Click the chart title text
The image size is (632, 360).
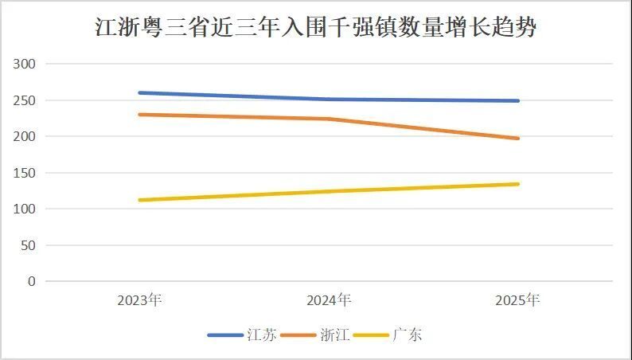click(x=316, y=29)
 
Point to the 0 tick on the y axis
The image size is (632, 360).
click(x=32, y=281)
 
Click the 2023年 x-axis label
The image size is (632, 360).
click(x=139, y=300)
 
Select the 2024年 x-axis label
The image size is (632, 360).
click(x=329, y=300)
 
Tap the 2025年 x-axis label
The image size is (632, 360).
click(x=517, y=300)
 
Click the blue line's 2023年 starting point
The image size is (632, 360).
click(x=140, y=92)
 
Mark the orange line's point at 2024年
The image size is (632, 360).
click(x=329, y=119)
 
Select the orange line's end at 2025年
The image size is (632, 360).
click(x=517, y=139)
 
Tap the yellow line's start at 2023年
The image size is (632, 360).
click(x=140, y=200)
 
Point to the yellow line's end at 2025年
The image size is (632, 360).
click(x=517, y=184)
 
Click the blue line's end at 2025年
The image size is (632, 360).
click(x=517, y=100)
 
